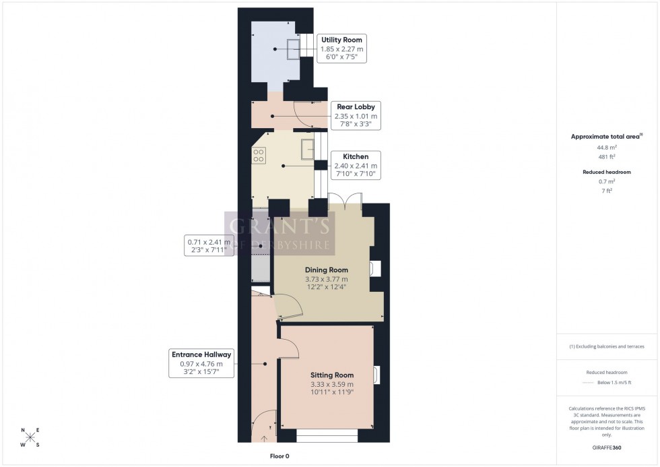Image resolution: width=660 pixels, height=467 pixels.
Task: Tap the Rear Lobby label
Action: tap(356, 106)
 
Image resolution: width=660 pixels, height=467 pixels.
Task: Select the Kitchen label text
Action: tap(356, 156)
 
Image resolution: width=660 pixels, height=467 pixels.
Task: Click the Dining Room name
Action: tap(325, 270)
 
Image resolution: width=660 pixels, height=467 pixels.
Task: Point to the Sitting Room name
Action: tap(331, 375)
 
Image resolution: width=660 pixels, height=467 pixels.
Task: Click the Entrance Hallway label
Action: tap(201, 354)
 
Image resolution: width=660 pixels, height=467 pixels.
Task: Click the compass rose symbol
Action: tap(30, 437)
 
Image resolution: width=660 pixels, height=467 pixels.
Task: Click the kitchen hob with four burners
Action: tap(258, 155)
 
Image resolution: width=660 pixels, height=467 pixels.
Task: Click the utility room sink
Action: tap(294, 50)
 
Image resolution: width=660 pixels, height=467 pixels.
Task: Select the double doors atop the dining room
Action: tap(345, 201)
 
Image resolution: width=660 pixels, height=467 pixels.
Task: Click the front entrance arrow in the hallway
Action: tap(263, 437)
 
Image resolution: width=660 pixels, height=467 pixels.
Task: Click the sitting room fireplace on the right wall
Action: tap(376, 375)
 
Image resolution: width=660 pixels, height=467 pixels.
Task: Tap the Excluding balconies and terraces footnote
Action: tap(607, 346)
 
